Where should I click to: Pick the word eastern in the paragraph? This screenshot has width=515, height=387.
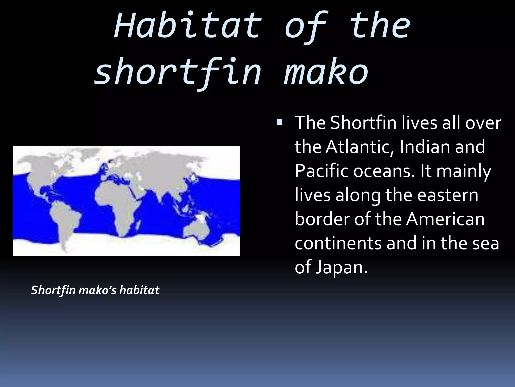tap(448, 195)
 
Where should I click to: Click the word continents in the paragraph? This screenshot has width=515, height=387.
tap(338, 243)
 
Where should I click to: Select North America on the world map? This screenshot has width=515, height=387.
tap(45, 171)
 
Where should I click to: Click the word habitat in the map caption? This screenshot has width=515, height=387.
tap(139, 290)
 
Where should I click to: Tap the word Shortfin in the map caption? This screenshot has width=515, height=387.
tap(53, 290)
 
